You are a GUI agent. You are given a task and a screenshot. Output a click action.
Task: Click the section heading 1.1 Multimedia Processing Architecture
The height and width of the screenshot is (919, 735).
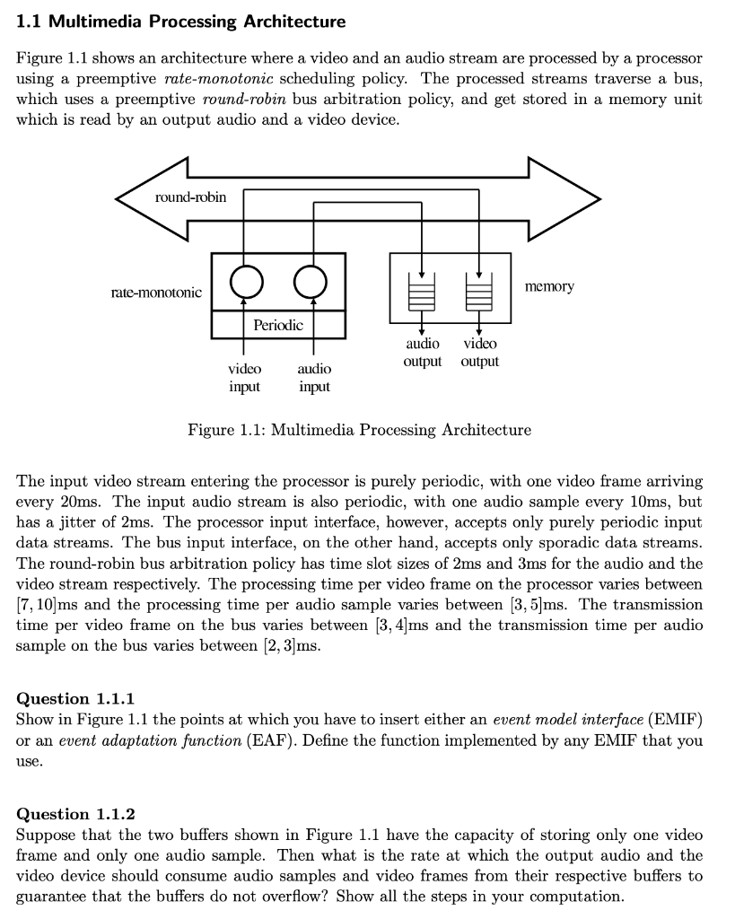point(180,21)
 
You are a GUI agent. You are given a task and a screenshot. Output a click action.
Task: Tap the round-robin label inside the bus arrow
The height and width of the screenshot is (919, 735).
point(190,197)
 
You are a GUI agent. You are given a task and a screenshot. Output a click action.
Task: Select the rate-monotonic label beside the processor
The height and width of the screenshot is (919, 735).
point(156,293)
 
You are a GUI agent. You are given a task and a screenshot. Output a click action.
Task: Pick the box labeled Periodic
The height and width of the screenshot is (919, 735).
point(278,324)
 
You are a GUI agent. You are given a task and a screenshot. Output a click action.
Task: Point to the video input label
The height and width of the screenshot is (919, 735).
point(244,378)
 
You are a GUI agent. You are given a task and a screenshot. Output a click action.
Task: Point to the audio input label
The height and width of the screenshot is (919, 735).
point(313,378)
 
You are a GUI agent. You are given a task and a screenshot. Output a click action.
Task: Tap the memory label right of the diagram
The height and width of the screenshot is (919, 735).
point(549,286)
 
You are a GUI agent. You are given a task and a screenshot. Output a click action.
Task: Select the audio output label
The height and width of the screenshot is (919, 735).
point(423,353)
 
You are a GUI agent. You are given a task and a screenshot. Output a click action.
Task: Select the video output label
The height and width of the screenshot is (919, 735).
point(480,353)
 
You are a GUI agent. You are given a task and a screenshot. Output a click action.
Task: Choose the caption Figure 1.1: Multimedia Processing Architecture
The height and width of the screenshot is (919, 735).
point(359,430)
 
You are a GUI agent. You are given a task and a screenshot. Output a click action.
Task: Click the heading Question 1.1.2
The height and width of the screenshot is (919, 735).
point(75,814)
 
